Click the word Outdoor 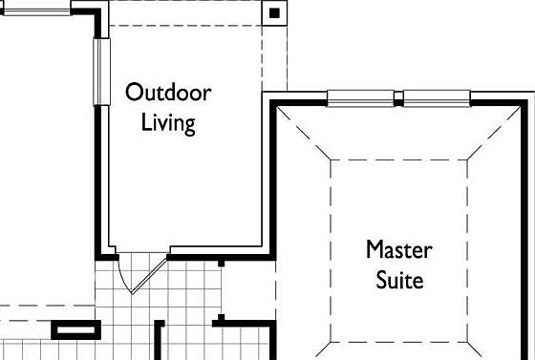click(168, 92)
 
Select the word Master click(399, 250)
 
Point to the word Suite click(399, 280)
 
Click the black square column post click(274, 13)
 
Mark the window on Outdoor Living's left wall click(101, 72)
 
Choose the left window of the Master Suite click(361, 98)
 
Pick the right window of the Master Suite click(437, 98)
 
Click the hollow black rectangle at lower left click(76, 329)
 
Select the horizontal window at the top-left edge click(36, 12)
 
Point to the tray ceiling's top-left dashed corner click(331, 159)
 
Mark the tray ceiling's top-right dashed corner click(467, 159)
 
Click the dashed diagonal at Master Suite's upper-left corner click(304, 133)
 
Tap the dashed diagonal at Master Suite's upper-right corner click(494, 133)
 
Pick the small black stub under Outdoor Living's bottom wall click(221, 264)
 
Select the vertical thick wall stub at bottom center click(158, 340)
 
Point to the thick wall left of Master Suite click(272, 179)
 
